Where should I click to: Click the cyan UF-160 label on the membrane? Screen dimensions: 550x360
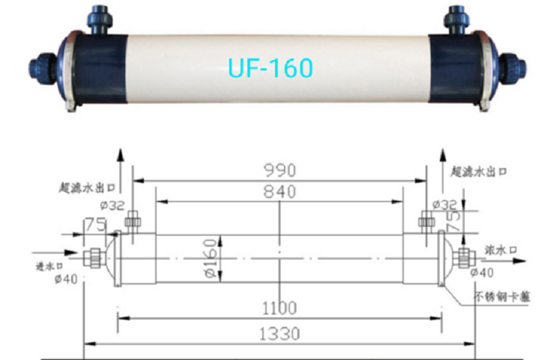click(270, 67)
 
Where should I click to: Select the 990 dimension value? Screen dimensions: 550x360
click(280, 170)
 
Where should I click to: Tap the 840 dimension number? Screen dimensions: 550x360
click(279, 192)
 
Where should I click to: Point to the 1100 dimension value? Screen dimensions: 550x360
click(279, 308)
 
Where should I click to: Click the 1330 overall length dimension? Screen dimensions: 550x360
click(279, 334)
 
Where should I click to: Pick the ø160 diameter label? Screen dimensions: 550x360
click(211, 258)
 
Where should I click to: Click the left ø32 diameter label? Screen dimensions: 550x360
click(112, 205)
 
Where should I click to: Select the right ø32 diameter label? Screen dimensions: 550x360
click(445, 205)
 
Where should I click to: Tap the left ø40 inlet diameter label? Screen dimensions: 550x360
click(66, 279)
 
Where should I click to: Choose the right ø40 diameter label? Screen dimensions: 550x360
click(482, 272)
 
